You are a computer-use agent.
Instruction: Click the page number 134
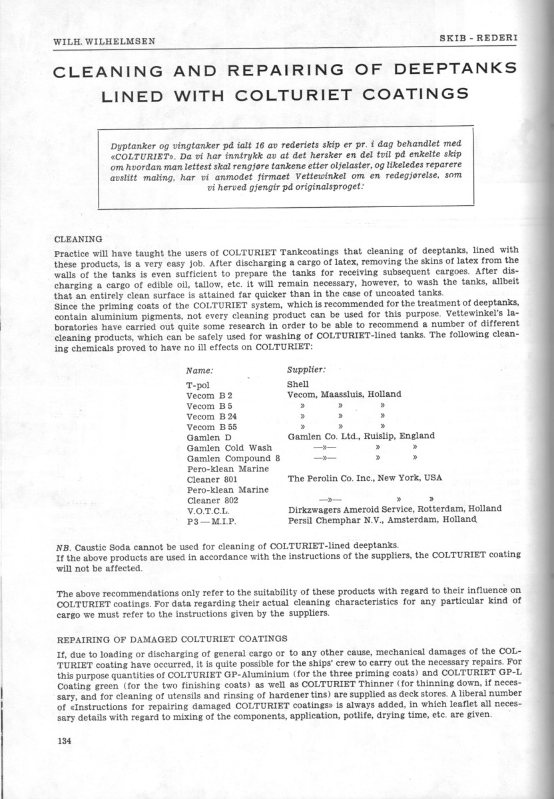[65, 740]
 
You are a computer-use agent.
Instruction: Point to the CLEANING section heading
[77, 238]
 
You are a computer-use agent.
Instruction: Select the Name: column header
[200, 370]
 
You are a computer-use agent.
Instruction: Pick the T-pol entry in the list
[199, 385]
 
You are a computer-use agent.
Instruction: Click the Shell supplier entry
[298, 384]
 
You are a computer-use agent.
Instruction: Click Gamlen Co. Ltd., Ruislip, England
[361, 436]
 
